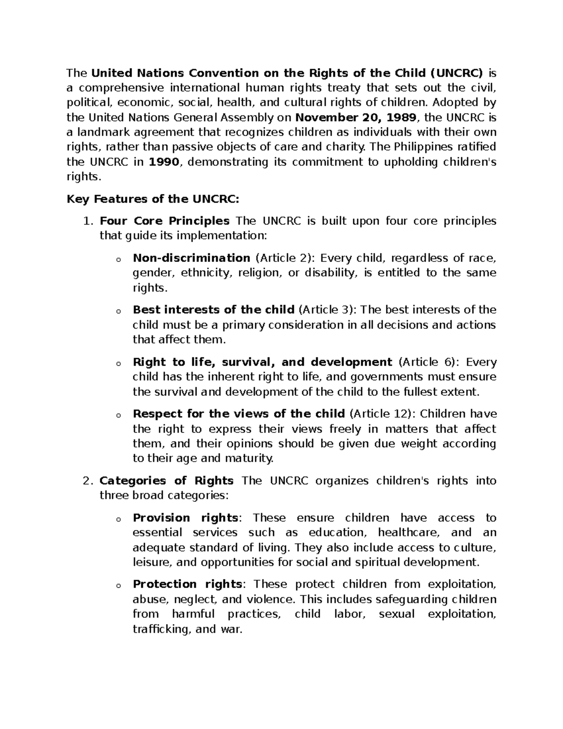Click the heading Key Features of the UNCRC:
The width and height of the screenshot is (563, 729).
(153, 199)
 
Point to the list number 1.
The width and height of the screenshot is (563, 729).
(87, 221)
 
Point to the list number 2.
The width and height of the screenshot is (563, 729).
(87, 481)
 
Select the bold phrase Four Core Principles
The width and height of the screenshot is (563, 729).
(165, 221)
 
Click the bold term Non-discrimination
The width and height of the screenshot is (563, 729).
(191, 258)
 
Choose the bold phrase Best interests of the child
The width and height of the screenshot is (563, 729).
(213, 310)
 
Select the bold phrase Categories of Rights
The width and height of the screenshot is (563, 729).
(167, 481)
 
